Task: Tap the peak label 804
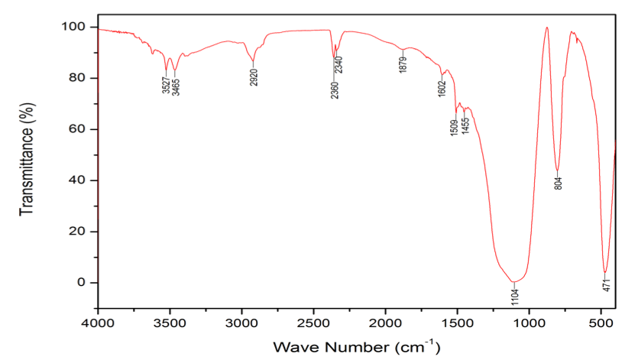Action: tap(559, 183)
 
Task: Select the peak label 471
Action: tap(605, 286)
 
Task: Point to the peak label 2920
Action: tap(254, 77)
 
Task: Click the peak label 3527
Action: tap(167, 85)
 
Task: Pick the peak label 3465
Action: tap(176, 85)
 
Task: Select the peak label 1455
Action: tap(465, 125)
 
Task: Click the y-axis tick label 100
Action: tap(77, 27)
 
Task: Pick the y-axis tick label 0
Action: tap(83, 283)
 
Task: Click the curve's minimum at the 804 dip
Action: tap(558, 170)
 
